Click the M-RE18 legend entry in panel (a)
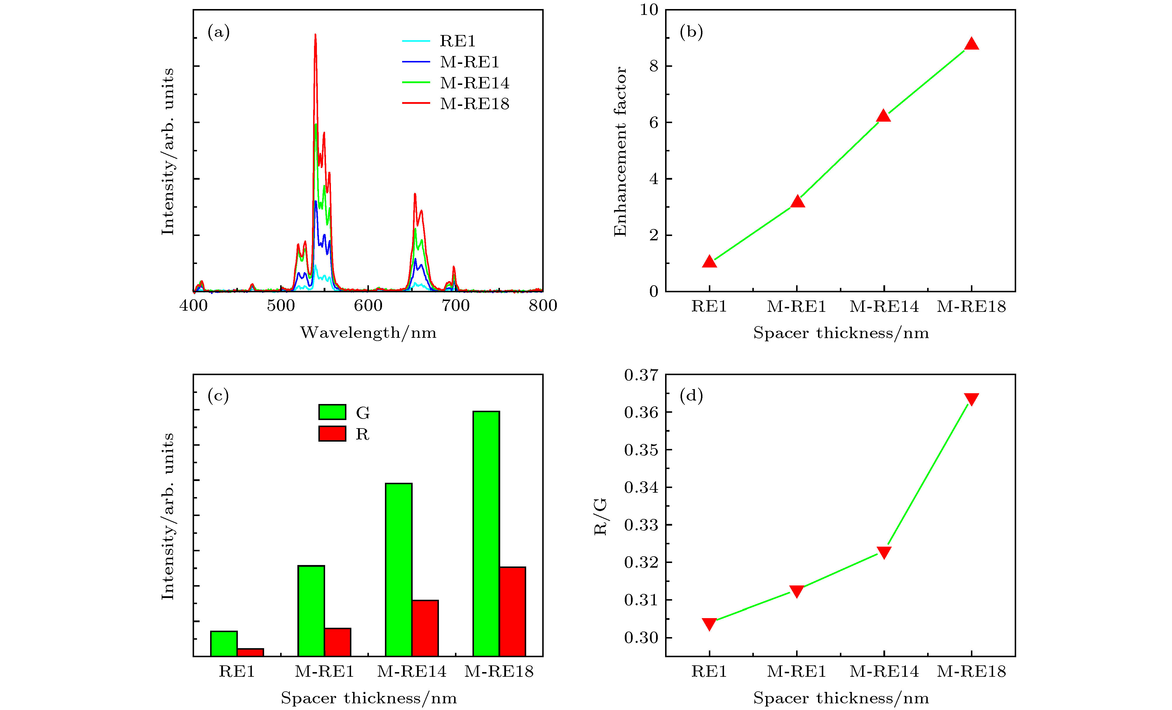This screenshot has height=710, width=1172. pyautogui.click(x=474, y=104)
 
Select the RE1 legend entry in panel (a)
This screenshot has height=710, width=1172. pyautogui.click(x=457, y=41)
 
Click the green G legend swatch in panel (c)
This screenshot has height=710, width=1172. pyautogui.click(x=332, y=412)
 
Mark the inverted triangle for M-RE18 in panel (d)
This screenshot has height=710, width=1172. pyautogui.click(x=971, y=398)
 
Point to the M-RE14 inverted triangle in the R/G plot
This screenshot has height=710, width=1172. pyautogui.click(x=884, y=552)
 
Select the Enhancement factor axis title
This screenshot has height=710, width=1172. pyautogui.click(x=620, y=151)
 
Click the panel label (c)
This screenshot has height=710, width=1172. pyautogui.click(x=218, y=395)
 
